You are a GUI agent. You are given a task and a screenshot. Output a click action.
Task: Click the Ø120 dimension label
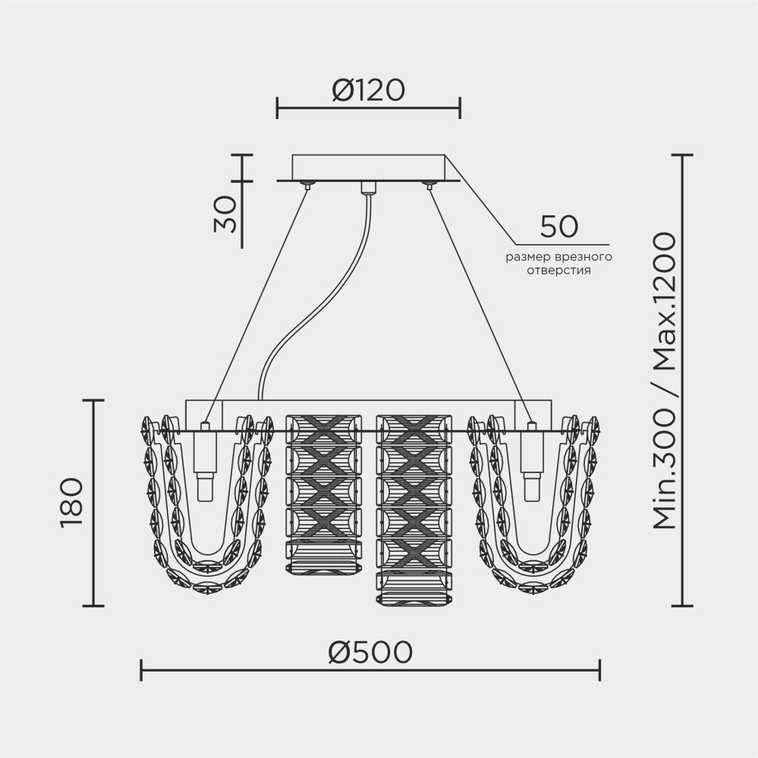[368, 91]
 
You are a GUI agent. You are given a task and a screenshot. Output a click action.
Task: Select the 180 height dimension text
[70, 502]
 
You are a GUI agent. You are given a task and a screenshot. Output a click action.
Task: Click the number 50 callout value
[558, 226]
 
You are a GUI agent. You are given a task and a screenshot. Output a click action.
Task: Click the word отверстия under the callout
[558, 270]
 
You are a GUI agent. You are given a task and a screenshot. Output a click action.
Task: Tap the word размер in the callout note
[529, 257]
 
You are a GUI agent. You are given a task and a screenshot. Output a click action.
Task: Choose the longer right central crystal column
[414, 508]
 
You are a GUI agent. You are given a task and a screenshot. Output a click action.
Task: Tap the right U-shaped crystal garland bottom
[531, 580]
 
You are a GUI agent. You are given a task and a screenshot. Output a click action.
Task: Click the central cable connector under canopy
[369, 187]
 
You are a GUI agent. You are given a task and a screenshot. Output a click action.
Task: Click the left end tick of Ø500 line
[142, 670]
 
